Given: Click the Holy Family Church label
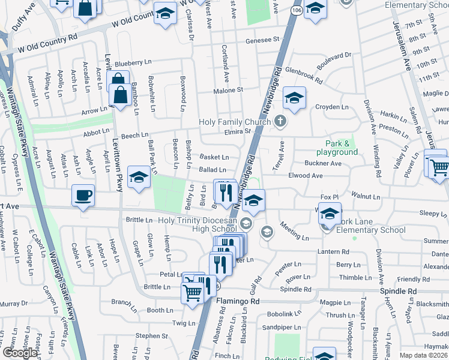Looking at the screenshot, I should tap(235, 122).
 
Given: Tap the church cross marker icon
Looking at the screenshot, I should tap(280, 122).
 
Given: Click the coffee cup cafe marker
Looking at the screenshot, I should tap(83, 194).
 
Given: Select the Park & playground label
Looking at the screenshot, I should tap(342, 148).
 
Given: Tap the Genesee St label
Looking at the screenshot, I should tap(263, 40).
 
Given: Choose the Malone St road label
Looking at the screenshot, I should tap(229, 90).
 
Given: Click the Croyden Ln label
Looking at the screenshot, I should tap(333, 107).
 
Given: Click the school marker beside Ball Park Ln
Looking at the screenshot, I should tap(139, 177).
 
